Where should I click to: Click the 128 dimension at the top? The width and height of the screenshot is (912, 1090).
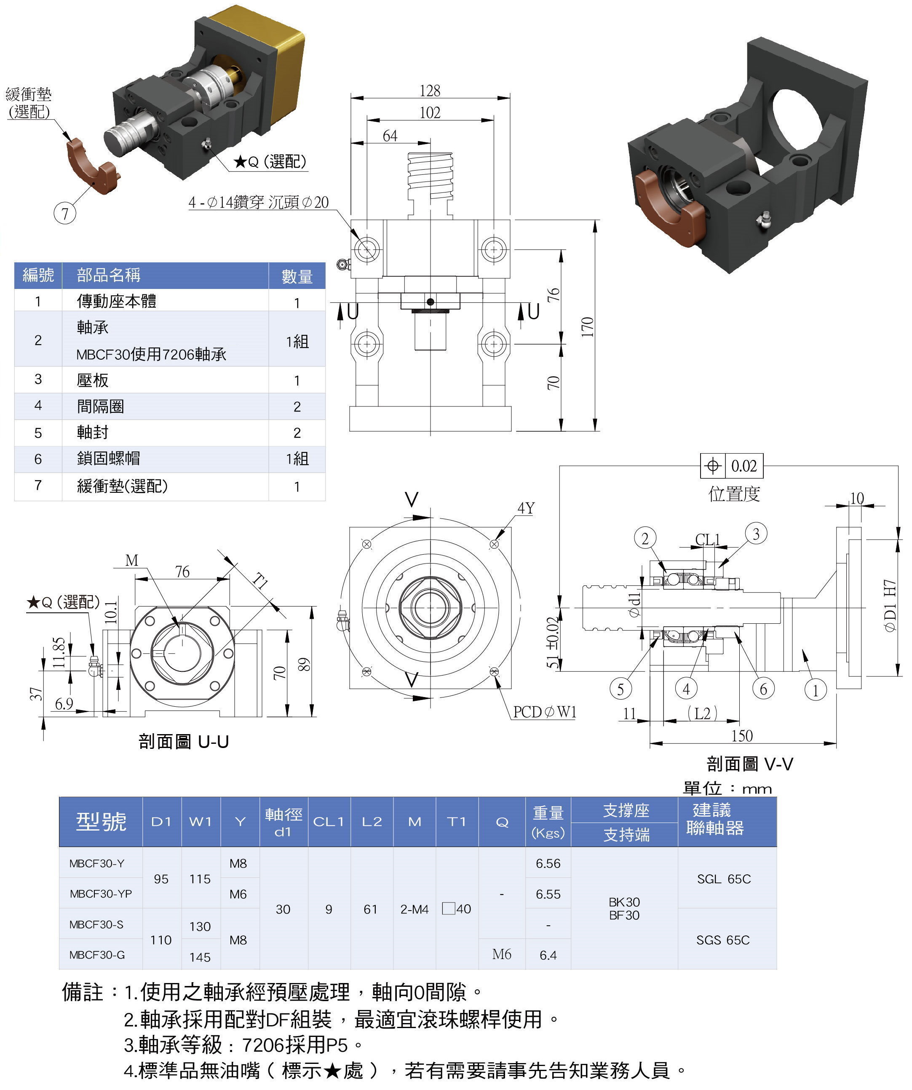click(429, 91)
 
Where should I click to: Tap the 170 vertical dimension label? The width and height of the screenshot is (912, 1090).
click(587, 327)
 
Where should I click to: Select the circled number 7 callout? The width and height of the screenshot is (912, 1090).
click(65, 214)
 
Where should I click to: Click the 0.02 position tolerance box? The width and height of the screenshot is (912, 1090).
click(744, 465)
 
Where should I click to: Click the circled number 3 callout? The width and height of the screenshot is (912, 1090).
click(756, 534)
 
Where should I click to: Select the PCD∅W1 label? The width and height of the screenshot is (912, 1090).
click(545, 712)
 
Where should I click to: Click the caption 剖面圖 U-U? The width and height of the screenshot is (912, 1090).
click(184, 741)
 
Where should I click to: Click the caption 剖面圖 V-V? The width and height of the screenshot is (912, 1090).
click(749, 764)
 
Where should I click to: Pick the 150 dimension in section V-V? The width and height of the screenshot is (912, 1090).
click(742, 735)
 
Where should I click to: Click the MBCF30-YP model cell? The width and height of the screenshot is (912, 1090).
click(101, 894)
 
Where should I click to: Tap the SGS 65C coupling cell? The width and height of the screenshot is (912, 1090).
click(722, 940)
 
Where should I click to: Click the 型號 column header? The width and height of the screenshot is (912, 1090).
click(101, 822)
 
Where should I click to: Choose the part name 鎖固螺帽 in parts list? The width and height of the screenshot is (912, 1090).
click(109, 458)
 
